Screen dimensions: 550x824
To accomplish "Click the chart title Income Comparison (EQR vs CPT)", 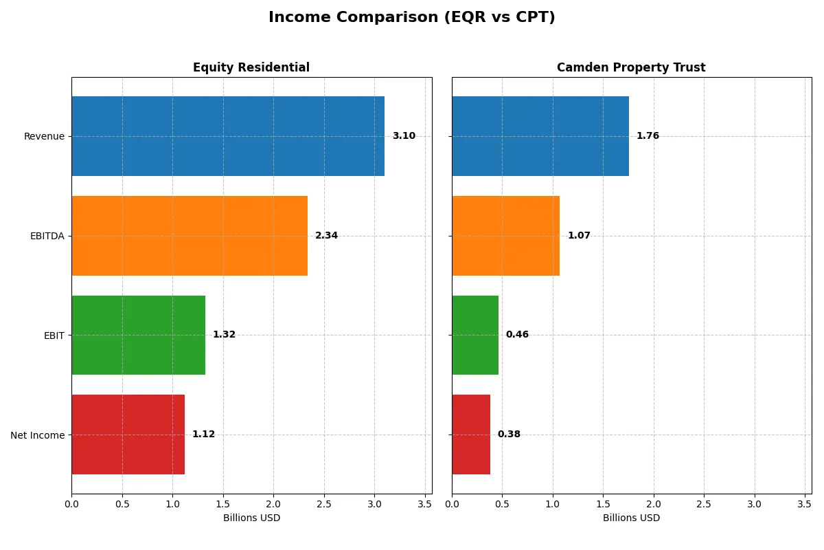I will pos(411,18).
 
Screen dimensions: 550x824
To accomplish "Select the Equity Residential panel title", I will pos(251,68).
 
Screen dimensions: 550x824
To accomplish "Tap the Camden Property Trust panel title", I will pos(631,68).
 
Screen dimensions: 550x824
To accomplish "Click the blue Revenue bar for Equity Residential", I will pos(228,136).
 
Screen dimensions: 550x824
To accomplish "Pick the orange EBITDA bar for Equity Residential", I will pos(190,236).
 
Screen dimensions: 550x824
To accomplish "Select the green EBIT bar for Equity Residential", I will pos(138,335).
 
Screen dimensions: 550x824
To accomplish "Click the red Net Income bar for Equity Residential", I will pos(128,434).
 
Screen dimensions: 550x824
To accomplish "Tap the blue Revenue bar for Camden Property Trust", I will pos(540,136).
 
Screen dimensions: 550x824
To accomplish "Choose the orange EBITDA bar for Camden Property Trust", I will pos(505,236).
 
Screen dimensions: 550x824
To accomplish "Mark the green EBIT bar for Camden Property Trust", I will pos(475,335).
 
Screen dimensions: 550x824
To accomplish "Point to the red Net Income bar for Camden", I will pos(471,434).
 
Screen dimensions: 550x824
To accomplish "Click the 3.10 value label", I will pos(404,136).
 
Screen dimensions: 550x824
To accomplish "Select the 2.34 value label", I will pos(326,236).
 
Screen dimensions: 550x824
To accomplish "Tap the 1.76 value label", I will pos(648,136).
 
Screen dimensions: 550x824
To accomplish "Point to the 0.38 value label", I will pos(509,434).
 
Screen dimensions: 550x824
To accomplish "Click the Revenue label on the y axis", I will pos(44,136).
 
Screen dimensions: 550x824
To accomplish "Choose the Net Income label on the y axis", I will pos(38,435).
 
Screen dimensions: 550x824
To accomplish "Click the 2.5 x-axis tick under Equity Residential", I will pos(324,504).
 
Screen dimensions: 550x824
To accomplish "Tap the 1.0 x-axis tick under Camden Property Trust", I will pos(553,504).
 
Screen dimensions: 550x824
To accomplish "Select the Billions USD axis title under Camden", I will pos(631,518).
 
